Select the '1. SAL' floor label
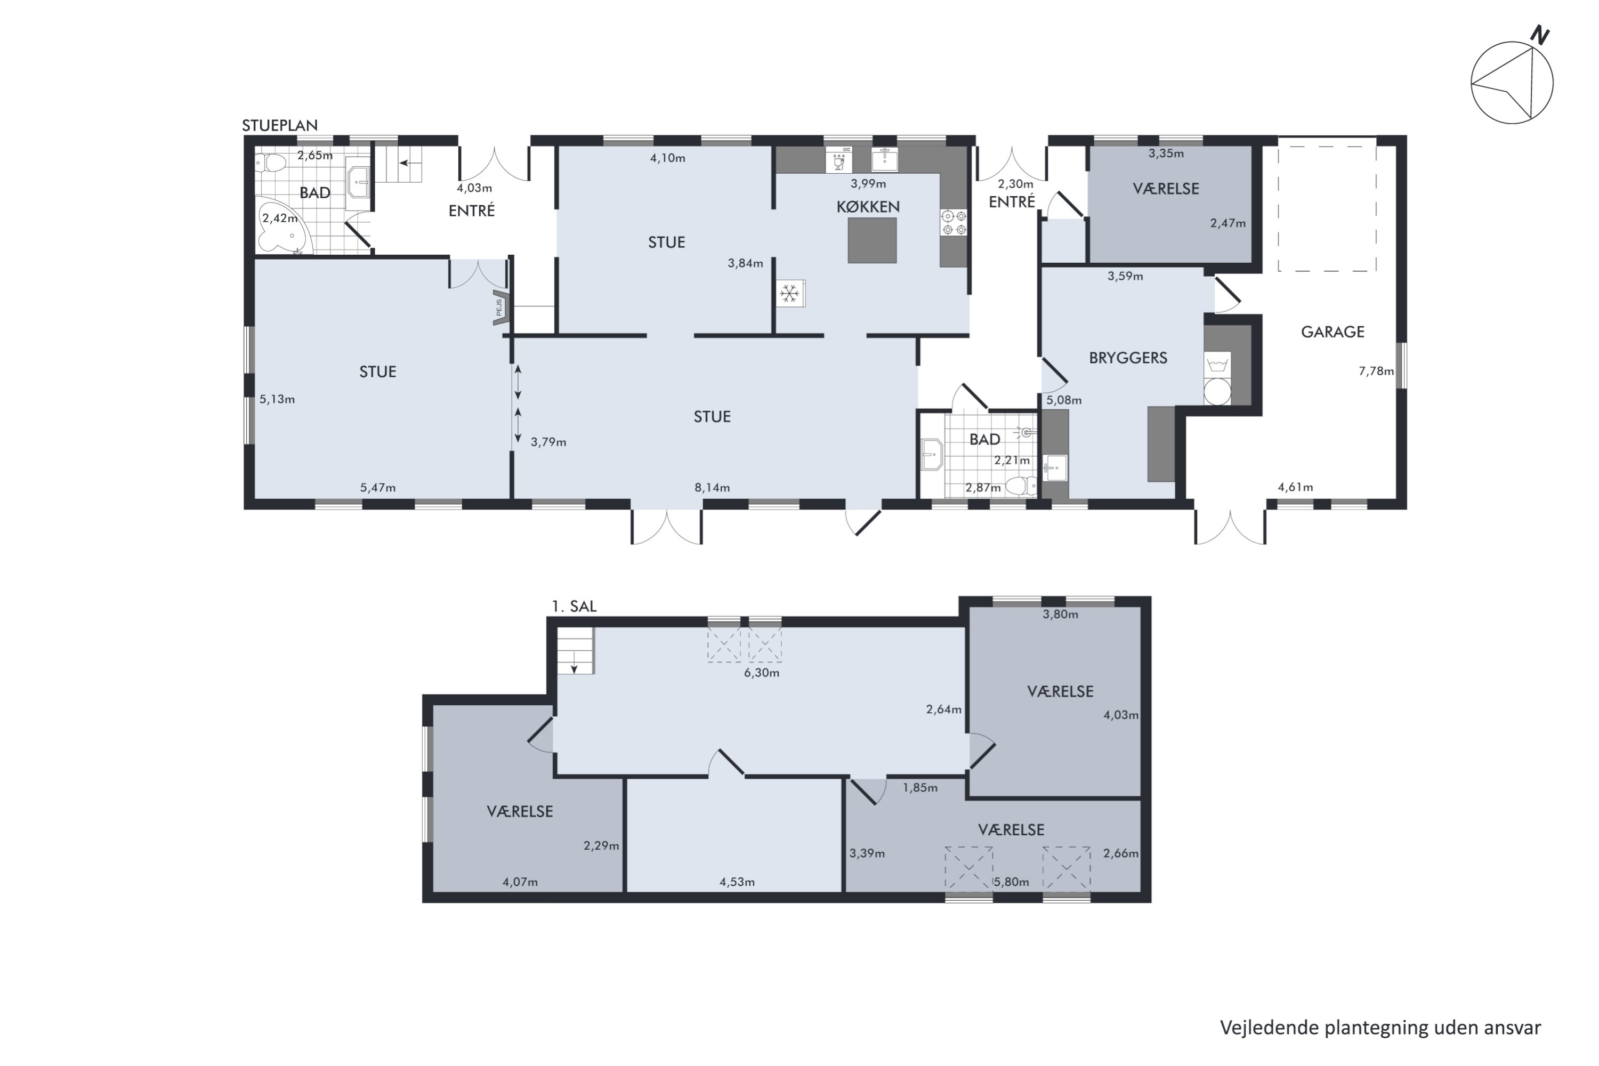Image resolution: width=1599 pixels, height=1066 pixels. pyautogui.click(x=574, y=607)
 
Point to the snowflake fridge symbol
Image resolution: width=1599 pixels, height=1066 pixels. pyautogui.click(x=790, y=294)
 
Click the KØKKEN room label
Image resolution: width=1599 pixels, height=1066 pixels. pyautogui.click(x=868, y=207)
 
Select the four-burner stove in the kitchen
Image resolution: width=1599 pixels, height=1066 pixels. pyautogui.click(x=954, y=223)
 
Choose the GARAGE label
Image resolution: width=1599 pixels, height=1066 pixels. pyautogui.click(x=1332, y=332)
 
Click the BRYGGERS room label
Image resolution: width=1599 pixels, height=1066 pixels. pyautogui.click(x=1128, y=358)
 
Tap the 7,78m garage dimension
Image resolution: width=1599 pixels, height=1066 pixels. pyautogui.click(x=1376, y=371)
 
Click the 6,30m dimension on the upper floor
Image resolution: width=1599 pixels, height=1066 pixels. pyautogui.click(x=762, y=673)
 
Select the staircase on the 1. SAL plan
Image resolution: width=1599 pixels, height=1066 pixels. pyautogui.click(x=575, y=651)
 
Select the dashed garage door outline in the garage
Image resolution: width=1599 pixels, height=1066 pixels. pyautogui.click(x=1327, y=205)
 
